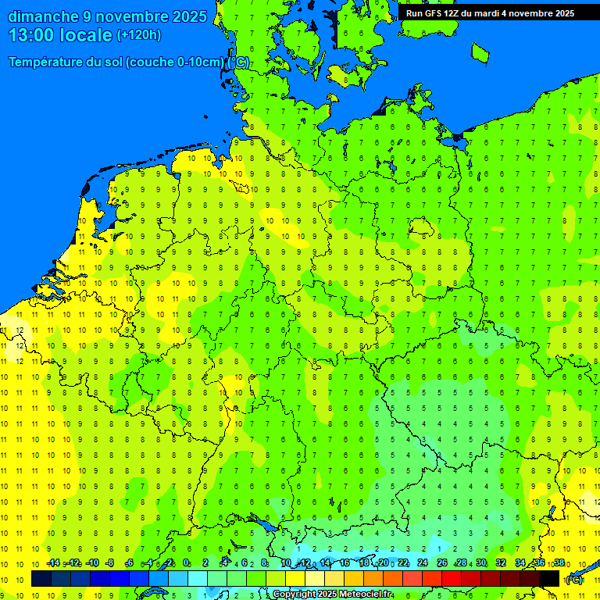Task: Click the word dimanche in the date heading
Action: point(42,16)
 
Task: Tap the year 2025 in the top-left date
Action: point(187,16)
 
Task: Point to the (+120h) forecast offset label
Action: point(138,35)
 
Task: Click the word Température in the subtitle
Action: point(49,62)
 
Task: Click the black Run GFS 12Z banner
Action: point(490,13)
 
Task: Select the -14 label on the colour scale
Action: point(52,563)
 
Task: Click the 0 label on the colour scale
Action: point(185,563)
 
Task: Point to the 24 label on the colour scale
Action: point(422,563)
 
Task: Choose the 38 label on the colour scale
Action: point(559,563)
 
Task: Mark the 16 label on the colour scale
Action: point(344,563)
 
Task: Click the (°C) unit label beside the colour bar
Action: point(573,579)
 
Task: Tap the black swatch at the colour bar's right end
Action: point(549,578)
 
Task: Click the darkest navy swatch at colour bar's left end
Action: point(41,578)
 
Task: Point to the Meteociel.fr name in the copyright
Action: point(366,595)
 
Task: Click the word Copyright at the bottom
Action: point(296,595)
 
